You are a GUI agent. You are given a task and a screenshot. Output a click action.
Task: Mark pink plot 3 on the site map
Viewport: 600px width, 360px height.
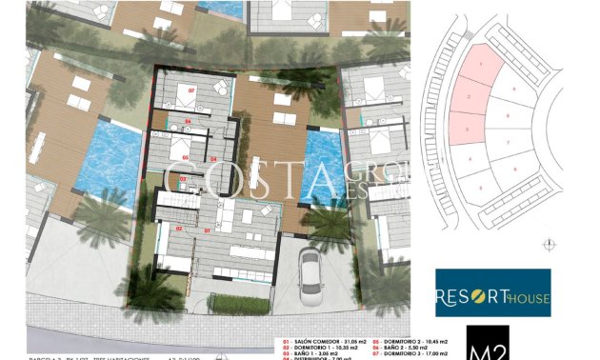point(466,128)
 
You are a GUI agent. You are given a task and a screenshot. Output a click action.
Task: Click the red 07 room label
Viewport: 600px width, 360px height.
point(191,90)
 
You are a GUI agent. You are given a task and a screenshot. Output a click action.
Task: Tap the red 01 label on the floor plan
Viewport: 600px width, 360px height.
point(208,230)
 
